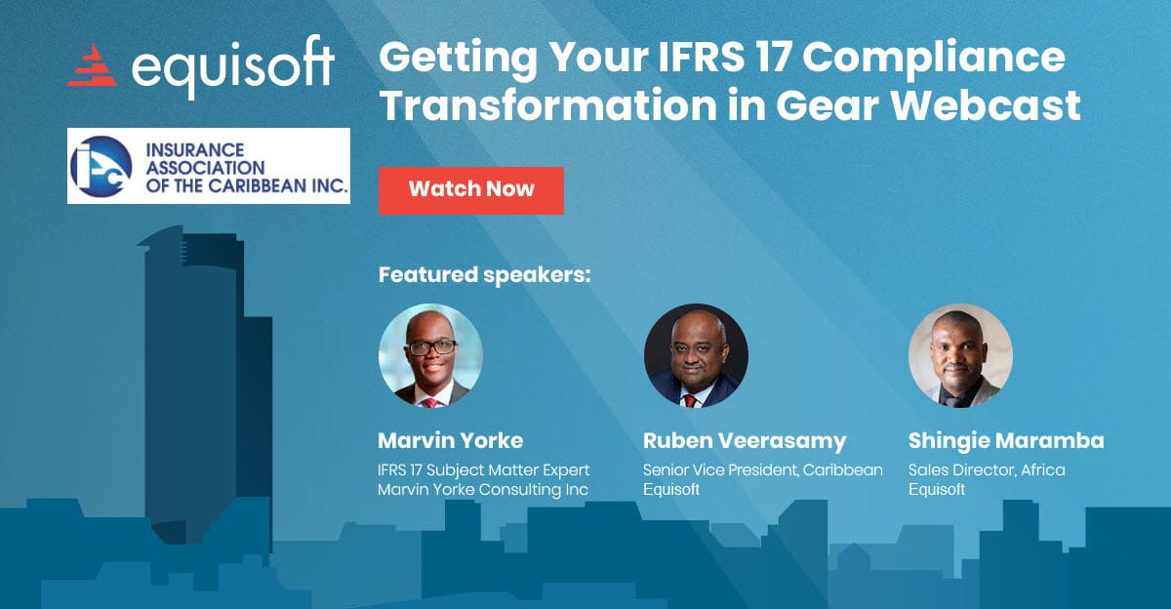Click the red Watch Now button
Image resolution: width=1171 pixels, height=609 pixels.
471,190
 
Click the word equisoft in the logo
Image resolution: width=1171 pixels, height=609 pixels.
233,67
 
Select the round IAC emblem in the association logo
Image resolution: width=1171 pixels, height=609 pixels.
101,166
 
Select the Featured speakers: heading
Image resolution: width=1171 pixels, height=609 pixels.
484,275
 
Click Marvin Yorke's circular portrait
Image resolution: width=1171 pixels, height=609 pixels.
430,355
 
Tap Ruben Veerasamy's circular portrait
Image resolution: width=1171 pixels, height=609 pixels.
696,355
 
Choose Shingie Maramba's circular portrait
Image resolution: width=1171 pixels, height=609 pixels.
960,355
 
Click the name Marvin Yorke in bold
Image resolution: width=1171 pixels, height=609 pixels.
450,441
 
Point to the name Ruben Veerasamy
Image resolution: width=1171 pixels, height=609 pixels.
745,441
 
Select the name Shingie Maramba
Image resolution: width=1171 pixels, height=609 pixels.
1006,441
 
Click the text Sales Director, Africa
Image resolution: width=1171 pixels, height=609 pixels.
987,470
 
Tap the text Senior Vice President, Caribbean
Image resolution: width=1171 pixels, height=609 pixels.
763,470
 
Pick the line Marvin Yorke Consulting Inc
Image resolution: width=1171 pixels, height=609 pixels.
483,490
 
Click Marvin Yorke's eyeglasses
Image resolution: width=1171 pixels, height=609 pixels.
431,347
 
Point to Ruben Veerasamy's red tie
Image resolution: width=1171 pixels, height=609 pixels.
691,401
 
